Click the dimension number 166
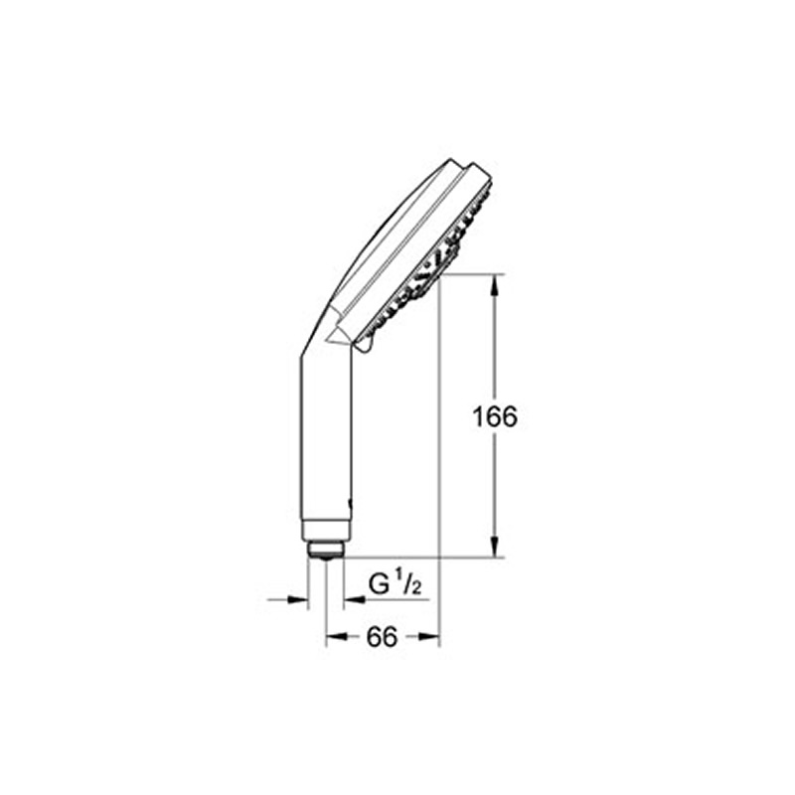coord(496,416)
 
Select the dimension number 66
coord(382,639)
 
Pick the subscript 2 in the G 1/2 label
coord(418,591)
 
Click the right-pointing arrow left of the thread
coord(298,599)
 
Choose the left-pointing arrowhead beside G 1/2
coord(353,599)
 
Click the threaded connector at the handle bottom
coord(325,549)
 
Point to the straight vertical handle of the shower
coord(325,437)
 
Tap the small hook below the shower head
coord(362,344)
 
